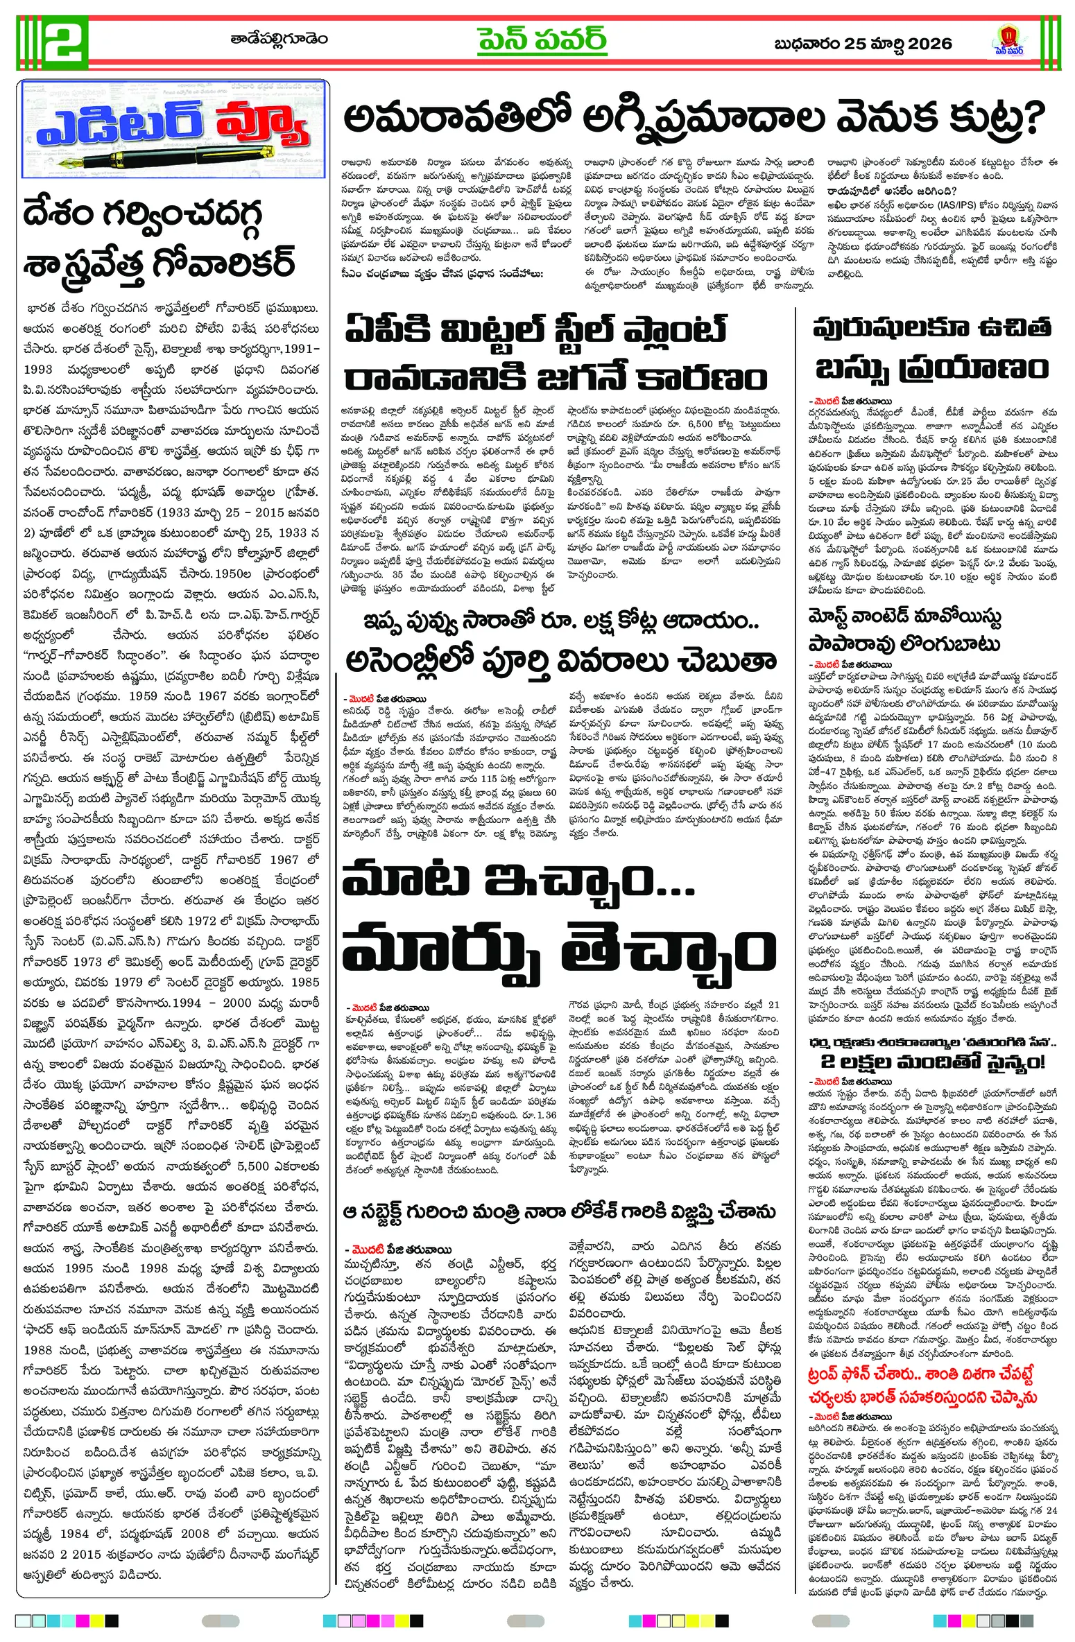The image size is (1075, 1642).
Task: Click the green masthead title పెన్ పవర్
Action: [542, 41]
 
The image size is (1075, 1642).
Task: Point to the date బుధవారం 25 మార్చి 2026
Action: [863, 44]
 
